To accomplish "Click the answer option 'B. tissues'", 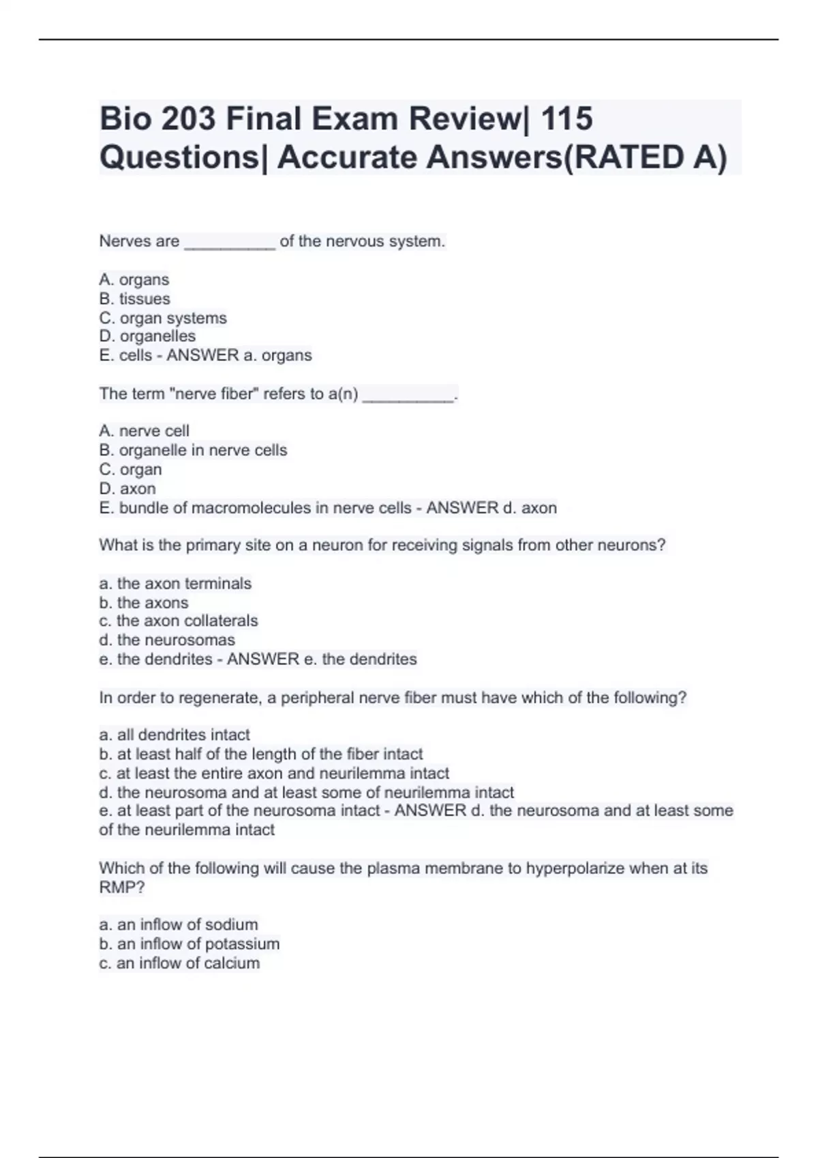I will [x=134, y=298].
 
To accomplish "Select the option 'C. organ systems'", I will [x=163, y=317].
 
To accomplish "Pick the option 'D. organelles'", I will [x=147, y=336].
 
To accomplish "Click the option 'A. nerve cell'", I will [x=144, y=431].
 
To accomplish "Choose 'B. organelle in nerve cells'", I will [x=193, y=450].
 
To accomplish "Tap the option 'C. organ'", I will [x=130, y=469].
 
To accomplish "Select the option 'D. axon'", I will [x=127, y=488].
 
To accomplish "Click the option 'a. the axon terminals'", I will [x=175, y=583].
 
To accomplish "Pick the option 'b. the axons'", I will [x=143, y=602].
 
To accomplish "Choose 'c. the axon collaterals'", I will [x=179, y=621].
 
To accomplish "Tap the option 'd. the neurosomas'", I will [x=167, y=640].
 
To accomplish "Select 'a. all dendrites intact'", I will [x=175, y=734].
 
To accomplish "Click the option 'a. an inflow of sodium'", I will [x=179, y=924].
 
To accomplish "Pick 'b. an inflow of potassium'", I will [x=190, y=943].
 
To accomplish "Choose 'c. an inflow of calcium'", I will [x=179, y=963].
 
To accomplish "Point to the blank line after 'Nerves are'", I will [x=230, y=243].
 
